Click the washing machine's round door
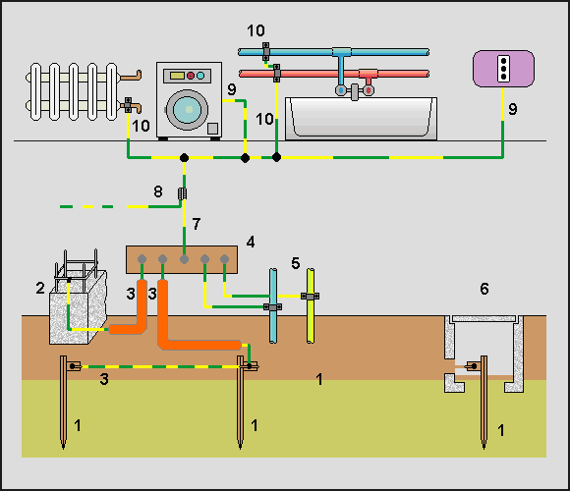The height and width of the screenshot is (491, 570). (x=187, y=110)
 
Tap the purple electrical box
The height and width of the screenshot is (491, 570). (x=503, y=69)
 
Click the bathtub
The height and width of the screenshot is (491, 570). (x=362, y=119)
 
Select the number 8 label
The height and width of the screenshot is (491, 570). (x=158, y=191)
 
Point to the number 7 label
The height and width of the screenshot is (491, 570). (x=197, y=224)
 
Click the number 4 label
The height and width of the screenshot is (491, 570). (x=251, y=242)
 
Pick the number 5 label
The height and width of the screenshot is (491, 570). (x=296, y=263)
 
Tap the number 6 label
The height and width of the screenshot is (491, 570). (x=484, y=289)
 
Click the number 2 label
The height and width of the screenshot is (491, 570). (x=40, y=288)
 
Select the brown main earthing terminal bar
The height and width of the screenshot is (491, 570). (x=182, y=259)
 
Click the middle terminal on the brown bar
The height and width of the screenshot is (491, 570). (x=185, y=259)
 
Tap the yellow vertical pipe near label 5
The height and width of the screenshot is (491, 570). (x=311, y=305)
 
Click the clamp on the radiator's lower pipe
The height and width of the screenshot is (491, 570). (x=128, y=105)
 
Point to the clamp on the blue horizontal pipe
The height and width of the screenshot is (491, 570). (x=266, y=52)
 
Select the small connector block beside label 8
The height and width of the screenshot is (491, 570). (x=183, y=193)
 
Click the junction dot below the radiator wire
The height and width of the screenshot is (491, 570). (x=185, y=158)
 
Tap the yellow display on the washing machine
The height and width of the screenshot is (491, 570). (x=177, y=76)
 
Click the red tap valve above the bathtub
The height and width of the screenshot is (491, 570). (x=369, y=89)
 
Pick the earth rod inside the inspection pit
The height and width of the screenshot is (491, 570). (x=484, y=402)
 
